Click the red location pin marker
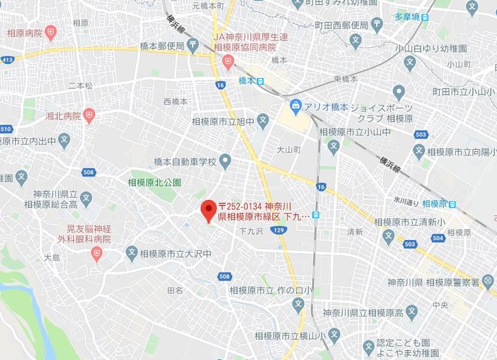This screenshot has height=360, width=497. [208, 209]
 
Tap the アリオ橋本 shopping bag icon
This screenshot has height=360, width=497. [295, 107]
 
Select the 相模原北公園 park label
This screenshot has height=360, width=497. [155, 183]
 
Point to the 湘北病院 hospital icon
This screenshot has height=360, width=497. [88, 115]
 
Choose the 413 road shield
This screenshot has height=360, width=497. [7, 60]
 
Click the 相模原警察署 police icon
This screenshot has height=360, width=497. [488, 281]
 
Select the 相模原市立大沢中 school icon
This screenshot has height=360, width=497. [132, 254]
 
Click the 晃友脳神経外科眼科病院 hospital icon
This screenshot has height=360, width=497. [96, 254]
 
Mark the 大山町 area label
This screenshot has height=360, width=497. [288, 149]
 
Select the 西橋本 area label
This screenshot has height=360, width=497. [175, 101]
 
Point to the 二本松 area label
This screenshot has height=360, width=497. [80, 86]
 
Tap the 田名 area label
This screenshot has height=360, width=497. [175, 291]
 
